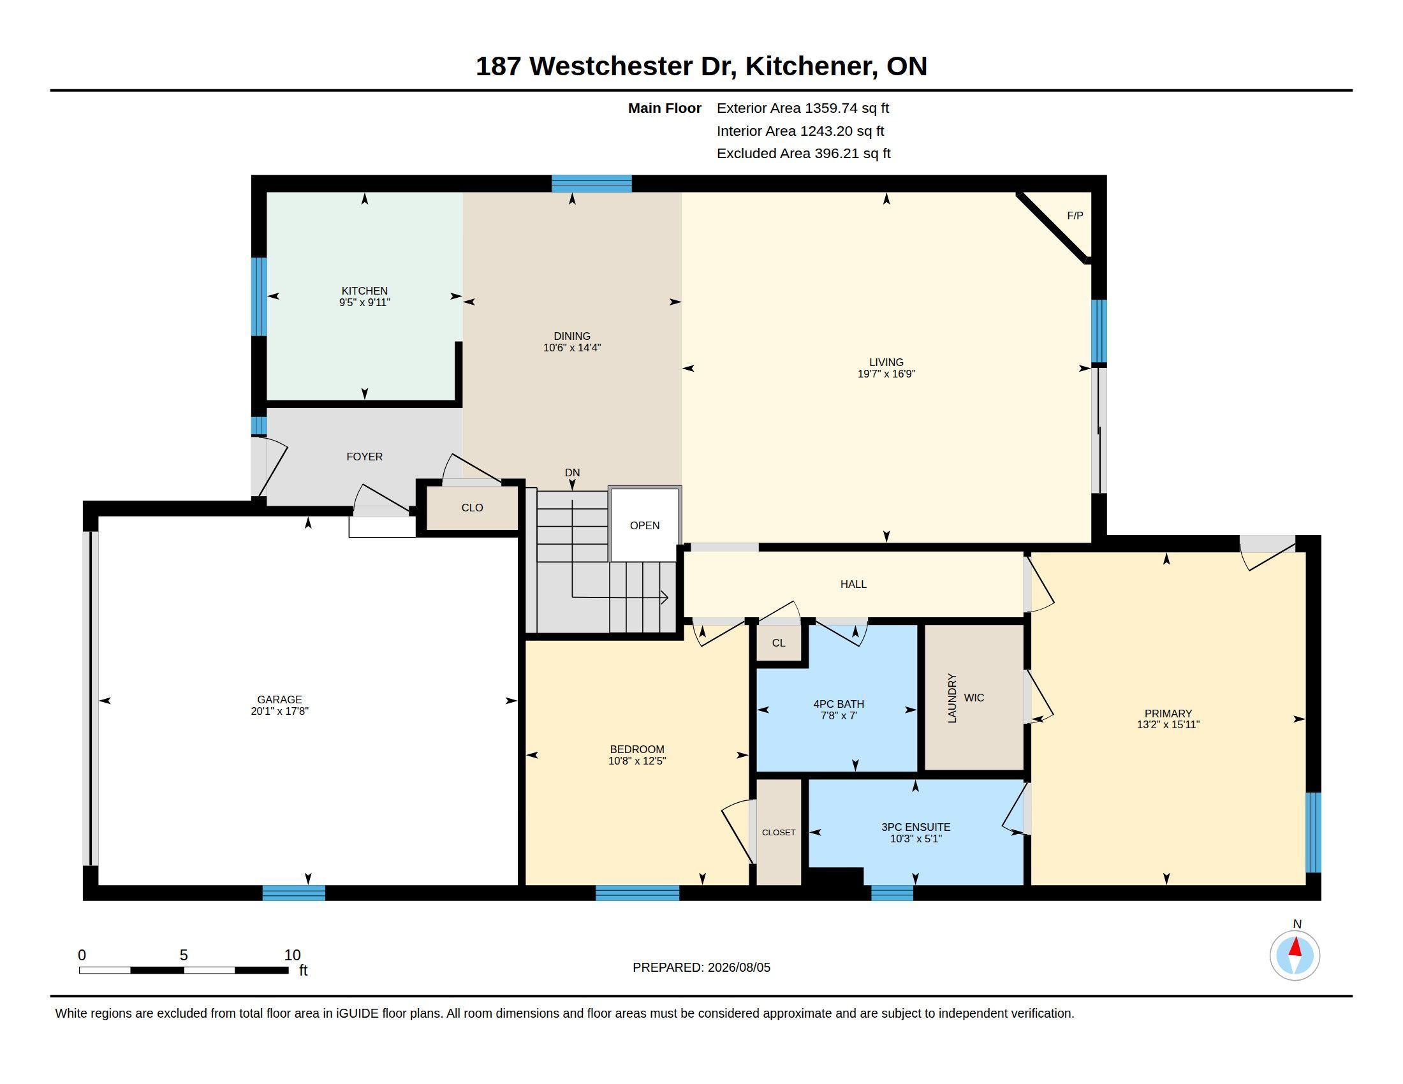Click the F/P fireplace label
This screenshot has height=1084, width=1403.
coord(1075,216)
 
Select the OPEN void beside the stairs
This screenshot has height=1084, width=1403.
coord(644,525)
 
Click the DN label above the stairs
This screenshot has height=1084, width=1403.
coord(573,472)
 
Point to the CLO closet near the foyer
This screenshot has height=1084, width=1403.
coord(472,508)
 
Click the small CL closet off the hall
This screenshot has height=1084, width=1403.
coord(779,643)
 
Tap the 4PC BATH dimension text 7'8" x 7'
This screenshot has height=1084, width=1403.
coord(839,715)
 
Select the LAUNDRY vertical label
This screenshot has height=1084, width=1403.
coord(952,698)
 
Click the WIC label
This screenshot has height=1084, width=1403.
coord(974,698)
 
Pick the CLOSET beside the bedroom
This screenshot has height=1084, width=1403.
coord(779,832)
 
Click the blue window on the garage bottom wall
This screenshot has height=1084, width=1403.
coord(293,893)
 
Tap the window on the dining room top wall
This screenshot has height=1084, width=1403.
coord(592,184)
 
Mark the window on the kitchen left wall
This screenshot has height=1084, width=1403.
coord(259,297)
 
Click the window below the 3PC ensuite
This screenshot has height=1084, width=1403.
coord(892,893)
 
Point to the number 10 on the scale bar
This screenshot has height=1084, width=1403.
coord(292,955)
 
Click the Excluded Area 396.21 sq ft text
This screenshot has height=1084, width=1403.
coord(804,154)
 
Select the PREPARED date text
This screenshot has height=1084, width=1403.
coord(701,967)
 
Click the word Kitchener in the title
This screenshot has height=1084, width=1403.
coord(811,66)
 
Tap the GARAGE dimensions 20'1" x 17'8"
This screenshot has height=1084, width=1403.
coord(279,711)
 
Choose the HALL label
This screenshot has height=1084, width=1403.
coord(853,584)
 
